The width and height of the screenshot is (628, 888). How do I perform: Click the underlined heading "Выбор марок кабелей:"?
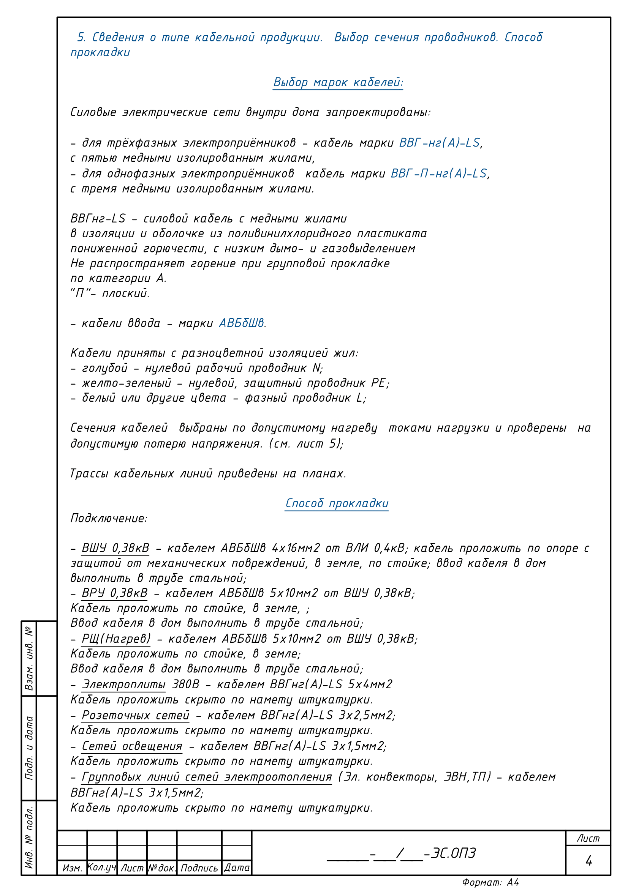pos(338,82)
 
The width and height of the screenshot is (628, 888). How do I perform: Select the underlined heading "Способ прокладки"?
pos(337,503)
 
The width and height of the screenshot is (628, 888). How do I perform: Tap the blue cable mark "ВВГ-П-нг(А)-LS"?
pos(438,173)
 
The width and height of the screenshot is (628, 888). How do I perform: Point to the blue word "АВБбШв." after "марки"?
pos(243,323)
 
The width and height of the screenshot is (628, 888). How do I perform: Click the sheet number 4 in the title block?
pos(588,861)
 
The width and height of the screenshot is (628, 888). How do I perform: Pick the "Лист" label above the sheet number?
pos(588,839)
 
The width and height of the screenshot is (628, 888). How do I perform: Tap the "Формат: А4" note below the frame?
pos(490,882)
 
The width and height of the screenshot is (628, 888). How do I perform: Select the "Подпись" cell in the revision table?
pos(199,868)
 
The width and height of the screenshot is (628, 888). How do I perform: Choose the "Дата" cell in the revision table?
pos(237,868)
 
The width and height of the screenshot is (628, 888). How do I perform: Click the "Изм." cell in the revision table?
pos(72,868)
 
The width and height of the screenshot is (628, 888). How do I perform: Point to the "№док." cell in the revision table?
pos(162,868)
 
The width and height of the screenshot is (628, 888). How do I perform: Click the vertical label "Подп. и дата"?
pos(29,748)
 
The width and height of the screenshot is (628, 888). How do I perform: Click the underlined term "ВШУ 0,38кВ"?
pos(115,548)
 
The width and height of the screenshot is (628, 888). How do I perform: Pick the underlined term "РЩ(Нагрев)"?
pos(116,639)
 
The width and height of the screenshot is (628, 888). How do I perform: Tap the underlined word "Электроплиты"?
pos(123,684)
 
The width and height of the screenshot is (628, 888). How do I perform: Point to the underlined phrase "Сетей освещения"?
pos(132,746)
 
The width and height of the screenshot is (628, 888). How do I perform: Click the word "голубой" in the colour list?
pos(104,368)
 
